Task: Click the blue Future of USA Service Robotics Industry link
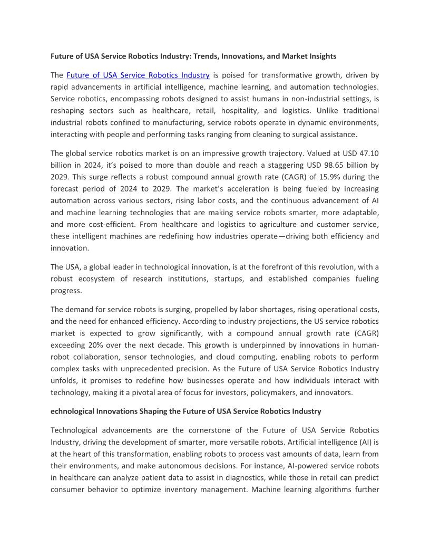138,75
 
